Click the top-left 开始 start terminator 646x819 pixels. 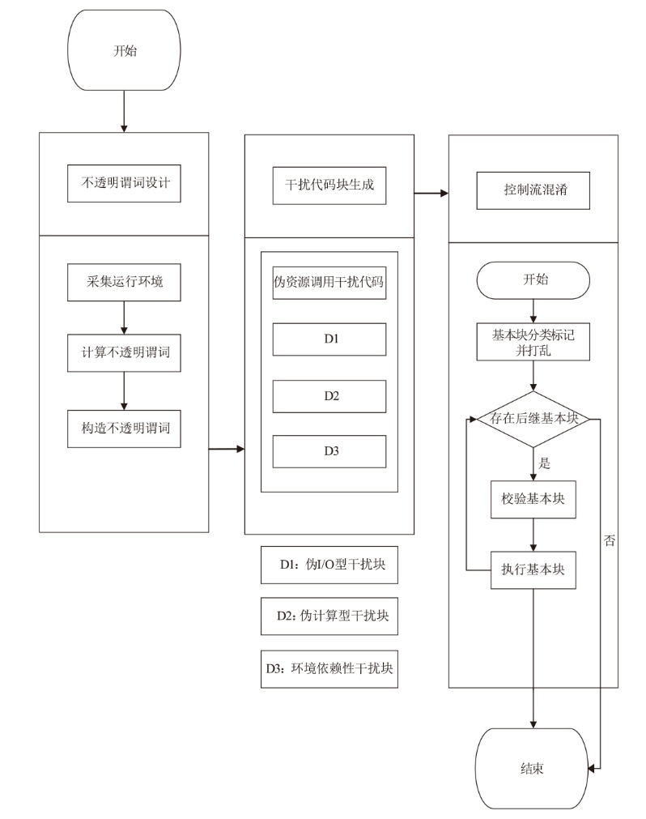pos(124,50)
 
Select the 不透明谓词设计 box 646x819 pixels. pos(124,183)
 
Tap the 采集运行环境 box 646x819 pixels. pos(124,282)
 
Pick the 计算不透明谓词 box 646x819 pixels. pos(124,352)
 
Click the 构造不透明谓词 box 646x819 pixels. pos(124,429)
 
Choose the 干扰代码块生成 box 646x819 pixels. pos(329,186)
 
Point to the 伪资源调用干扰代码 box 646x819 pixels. pos(329,283)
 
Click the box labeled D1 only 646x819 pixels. pos(329,339)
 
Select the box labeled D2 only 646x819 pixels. pos(329,396)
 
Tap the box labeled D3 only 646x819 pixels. pos(329,451)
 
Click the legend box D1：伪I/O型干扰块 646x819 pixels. pos(329,565)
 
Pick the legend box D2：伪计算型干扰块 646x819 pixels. pos(329,616)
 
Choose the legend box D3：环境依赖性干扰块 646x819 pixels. pos(329,669)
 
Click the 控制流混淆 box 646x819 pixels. pos(533,190)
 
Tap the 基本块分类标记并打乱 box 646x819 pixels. pos(533,342)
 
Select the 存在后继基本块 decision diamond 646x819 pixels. pos(533,419)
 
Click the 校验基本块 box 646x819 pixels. pos(533,499)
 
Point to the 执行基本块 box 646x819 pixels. pos(533,569)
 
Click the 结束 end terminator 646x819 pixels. pos(532,768)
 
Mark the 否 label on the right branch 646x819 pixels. pos(610,540)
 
